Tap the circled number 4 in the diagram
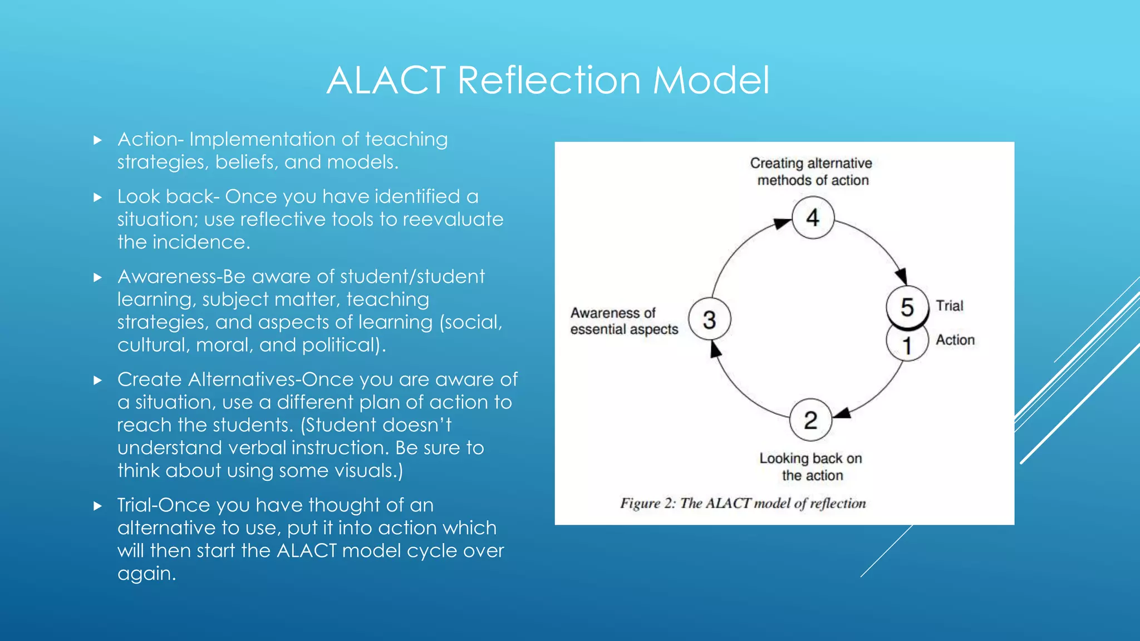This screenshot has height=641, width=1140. click(813, 218)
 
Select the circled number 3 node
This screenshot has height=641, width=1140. click(709, 319)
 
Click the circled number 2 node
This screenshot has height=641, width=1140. click(810, 420)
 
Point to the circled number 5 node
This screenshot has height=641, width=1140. click(907, 307)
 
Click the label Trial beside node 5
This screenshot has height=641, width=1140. click(949, 305)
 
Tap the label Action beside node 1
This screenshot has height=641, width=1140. click(955, 339)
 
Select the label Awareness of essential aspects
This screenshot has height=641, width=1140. click(623, 321)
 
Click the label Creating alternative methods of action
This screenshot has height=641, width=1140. click(812, 171)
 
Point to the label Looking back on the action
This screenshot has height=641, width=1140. click(811, 466)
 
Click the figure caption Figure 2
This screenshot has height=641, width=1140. click(743, 503)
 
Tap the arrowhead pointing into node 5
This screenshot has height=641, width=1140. click(901, 275)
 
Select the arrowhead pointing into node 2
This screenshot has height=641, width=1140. click(842, 413)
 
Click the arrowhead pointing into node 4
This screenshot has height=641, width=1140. click(782, 224)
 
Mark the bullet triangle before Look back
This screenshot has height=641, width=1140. click(98, 197)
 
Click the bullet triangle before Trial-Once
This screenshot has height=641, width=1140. click(98, 506)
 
